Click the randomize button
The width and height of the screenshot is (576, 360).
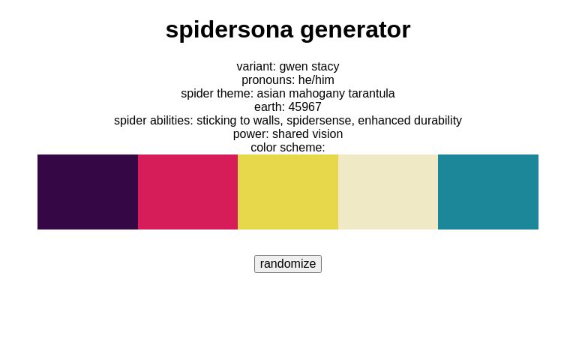tap(288, 264)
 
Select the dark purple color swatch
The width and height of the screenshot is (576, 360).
tap(88, 192)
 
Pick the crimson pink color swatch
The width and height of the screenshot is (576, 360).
tap(187, 192)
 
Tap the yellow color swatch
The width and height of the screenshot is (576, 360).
tap(288, 192)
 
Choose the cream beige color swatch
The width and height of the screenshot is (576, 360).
tap(388, 192)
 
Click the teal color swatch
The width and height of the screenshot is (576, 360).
tap(488, 192)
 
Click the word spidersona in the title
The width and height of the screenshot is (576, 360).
tap(229, 29)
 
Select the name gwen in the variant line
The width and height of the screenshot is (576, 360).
tap(293, 67)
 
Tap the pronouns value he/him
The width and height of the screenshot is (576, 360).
tap(316, 80)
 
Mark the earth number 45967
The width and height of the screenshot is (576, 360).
tap(304, 107)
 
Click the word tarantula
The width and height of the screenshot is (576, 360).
tap(371, 94)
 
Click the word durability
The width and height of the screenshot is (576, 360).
tap(436, 121)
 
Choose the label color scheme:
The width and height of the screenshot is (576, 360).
tap(288, 148)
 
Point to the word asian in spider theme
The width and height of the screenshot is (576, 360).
tap(272, 94)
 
